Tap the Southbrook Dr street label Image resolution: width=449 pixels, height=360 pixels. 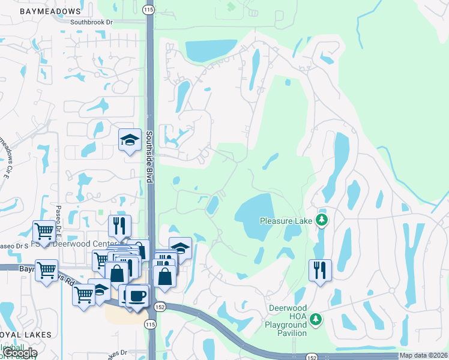coord(91,22)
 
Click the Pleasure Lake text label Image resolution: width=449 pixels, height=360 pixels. coord(286,221)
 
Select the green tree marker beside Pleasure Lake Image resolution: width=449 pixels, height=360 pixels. coord(322,220)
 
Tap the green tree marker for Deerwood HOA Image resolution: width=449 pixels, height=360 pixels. coord(318,319)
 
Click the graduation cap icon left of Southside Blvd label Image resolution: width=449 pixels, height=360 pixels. coord(129,140)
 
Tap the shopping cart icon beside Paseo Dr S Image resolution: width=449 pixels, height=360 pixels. coord(43,231)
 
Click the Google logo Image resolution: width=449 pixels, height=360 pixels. coord(20,353)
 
